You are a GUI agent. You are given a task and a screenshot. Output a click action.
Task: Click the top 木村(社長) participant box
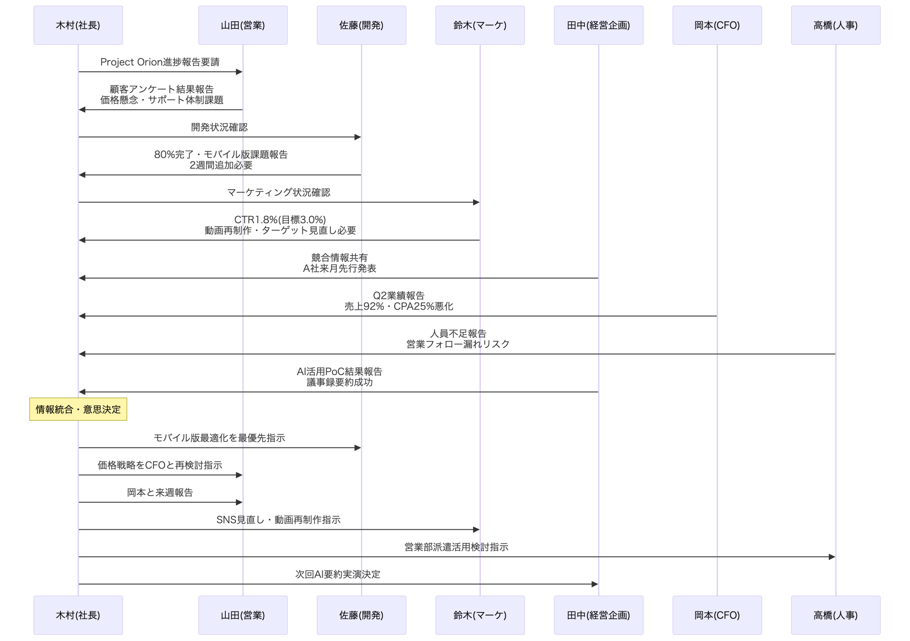[78, 25]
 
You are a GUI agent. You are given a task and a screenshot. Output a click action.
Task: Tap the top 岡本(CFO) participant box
[717, 25]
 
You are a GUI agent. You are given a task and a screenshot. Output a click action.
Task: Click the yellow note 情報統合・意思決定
[78, 409]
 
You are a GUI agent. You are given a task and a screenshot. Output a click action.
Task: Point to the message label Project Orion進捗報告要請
[160, 62]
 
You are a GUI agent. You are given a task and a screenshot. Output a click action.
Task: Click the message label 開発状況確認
[219, 127]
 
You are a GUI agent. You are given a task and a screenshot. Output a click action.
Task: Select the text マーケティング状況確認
[279, 193]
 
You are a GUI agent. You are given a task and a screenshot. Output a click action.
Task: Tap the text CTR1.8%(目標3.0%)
[280, 220]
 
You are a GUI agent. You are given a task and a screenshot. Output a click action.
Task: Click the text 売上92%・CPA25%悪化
[399, 306]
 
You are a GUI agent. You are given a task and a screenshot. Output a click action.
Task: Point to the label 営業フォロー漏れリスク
[458, 344]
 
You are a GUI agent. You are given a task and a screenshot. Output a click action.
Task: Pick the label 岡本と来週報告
[160, 492]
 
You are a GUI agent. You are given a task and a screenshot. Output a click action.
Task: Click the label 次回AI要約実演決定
[338, 575]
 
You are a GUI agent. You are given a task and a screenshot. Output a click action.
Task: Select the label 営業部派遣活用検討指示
[456, 547]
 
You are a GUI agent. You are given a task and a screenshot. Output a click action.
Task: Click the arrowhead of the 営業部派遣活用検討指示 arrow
[831, 557]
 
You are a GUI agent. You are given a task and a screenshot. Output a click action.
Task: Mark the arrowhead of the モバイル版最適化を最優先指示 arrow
[358, 448]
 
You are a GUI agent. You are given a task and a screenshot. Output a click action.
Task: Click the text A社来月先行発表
[339, 268]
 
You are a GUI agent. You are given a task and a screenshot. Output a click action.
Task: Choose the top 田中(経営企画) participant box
[599, 25]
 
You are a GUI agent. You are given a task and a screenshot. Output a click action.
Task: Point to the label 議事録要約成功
[339, 382]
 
